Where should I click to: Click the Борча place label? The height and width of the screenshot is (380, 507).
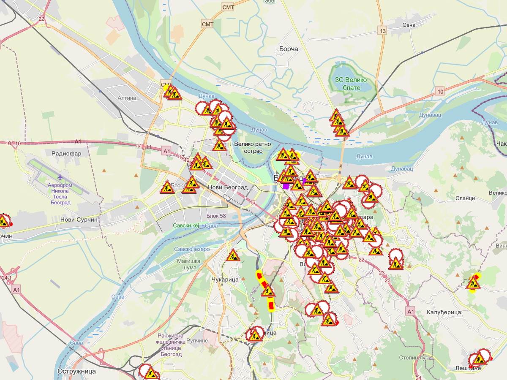coord(289,49)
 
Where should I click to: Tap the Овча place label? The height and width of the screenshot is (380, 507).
coord(409,25)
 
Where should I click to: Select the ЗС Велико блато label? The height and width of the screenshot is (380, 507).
coord(351,84)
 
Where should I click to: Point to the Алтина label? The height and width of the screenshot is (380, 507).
coord(127,98)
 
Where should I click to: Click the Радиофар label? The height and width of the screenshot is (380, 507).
coord(66,154)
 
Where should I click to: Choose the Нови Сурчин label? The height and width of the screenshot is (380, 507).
coord(79,220)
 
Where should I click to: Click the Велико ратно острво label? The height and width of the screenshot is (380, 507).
coord(252,147)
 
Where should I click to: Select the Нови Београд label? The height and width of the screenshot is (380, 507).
coord(227,187)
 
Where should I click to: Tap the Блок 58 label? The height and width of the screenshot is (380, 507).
coord(216,216)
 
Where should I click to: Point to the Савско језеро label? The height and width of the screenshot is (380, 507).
coord(192,249)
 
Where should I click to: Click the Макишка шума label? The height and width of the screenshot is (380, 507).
coord(186,264)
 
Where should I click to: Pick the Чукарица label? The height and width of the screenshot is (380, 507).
coord(224,279)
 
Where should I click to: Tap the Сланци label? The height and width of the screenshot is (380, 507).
coord(465,198)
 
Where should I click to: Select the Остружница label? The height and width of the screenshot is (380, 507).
coord(76,372)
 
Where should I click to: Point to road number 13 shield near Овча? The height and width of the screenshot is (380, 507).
coord(383,31)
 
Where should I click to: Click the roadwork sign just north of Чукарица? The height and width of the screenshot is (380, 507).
coord(233,255)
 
